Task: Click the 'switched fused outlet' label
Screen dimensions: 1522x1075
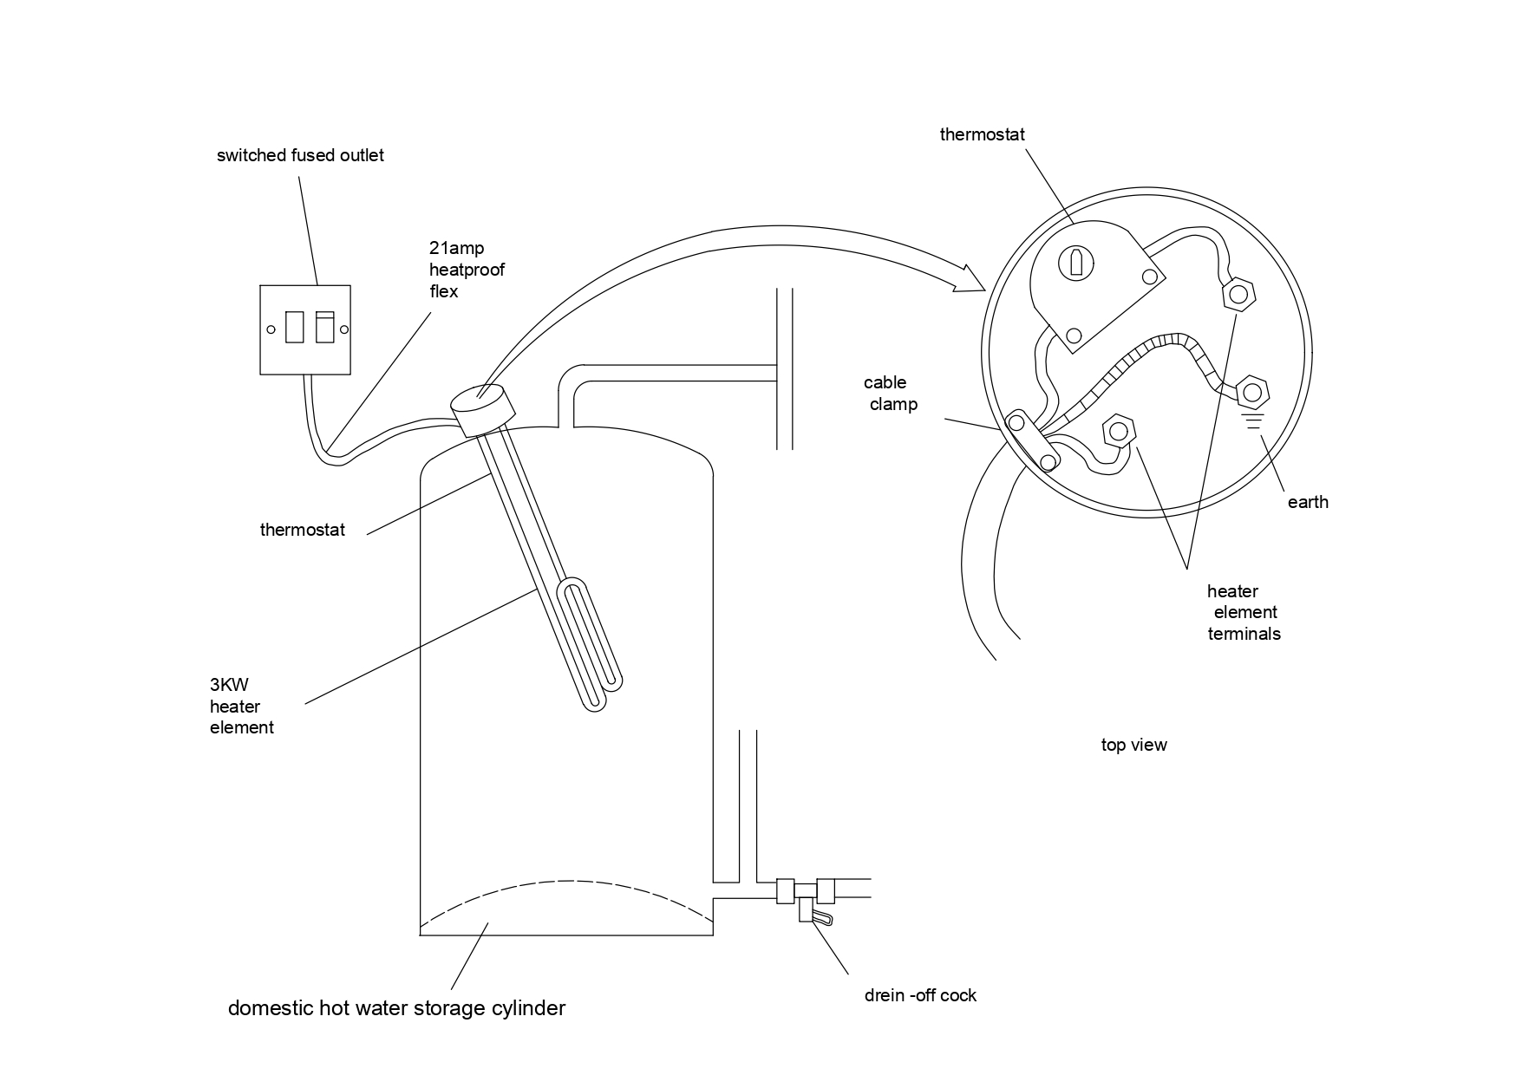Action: click(x=300, y=156)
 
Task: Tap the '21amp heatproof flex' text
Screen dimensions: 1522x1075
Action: click(x=467, y=270)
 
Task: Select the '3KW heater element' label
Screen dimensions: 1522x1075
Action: click(x=242, y=707)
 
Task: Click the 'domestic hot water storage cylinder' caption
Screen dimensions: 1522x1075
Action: click(x=396, y=1009)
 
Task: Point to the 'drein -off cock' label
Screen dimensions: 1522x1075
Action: click(x=920, y=995)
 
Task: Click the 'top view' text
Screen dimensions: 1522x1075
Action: click(x=1134, y=745)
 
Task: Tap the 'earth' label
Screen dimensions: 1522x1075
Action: click(x=1308, y=502)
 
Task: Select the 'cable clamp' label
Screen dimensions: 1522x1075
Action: click(x=890, y=394)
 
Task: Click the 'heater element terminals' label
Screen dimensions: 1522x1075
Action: click(x=1244, y=613)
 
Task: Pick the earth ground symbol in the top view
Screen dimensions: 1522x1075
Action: click(x=1251, y=422)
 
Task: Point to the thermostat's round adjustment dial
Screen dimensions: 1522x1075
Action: click(x=1076, y=263)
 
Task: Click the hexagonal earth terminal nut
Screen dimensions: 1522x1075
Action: click(x=1251, y=393)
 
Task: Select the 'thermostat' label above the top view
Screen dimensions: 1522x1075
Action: click(x=982, y=135)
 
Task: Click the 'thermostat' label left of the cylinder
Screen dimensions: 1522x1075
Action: click(x=303, y=530)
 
